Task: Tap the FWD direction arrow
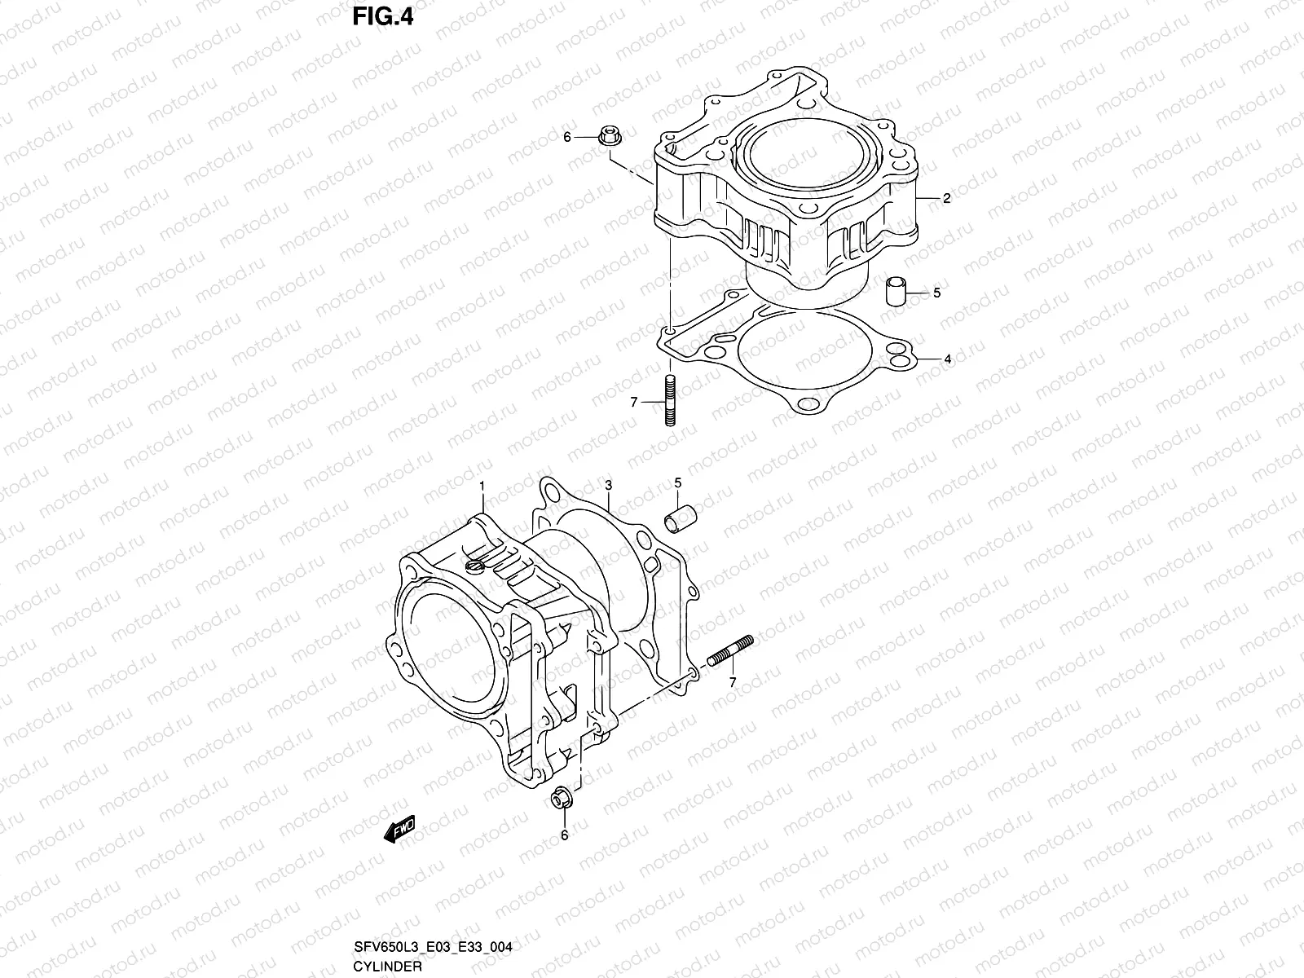click(x=399, y=829)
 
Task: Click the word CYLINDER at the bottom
click(x=388, y=967)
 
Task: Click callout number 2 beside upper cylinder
click(x=946, y=198)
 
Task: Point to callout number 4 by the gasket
click(x=947, y=359)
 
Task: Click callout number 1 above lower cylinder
click(x=482, y=486)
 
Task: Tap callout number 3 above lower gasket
click(x=608, y=486)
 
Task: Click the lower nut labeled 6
click(x=561, y=800)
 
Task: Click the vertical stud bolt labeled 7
click(x=670, y=400)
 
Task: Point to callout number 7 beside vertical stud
click(x=632, y=402)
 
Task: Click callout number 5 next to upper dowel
click(x=936, y=293)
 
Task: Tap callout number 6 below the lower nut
click(x=564, y=835)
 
